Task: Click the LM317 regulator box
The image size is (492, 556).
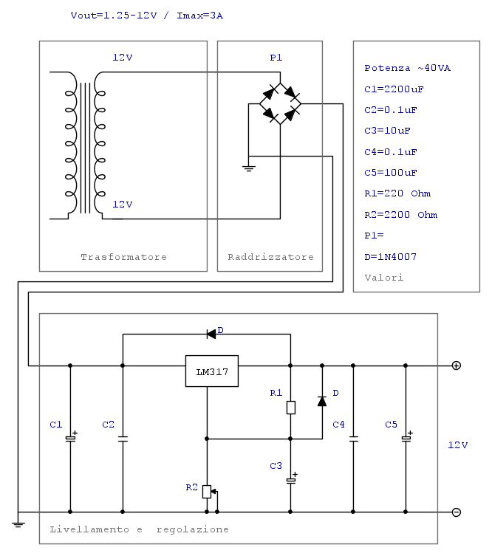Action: pos(211,371)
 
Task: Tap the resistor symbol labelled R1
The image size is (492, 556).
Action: pos(291,408)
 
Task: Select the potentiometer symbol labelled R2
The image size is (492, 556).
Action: pos(207,491)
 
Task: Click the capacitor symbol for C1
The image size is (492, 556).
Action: pos(70,439)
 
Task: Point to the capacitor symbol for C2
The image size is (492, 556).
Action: pos(123,439)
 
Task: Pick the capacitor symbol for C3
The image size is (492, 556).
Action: pos(291,480)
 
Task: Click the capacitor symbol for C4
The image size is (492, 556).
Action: pos(353,439)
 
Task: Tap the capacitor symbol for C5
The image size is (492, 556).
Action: pos(406,439)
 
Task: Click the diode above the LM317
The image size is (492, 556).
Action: pos(211,334)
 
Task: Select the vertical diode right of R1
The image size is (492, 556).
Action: pos(322,401)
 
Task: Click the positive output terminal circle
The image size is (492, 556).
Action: pos(457,365)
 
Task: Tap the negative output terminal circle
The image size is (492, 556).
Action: pos(457,512)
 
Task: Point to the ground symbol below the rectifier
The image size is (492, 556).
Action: pos(249,168)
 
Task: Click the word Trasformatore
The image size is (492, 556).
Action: pos(123,257)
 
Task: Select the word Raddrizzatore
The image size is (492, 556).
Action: pos(270,257)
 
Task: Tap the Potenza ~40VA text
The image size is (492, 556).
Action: pos(407,68)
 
